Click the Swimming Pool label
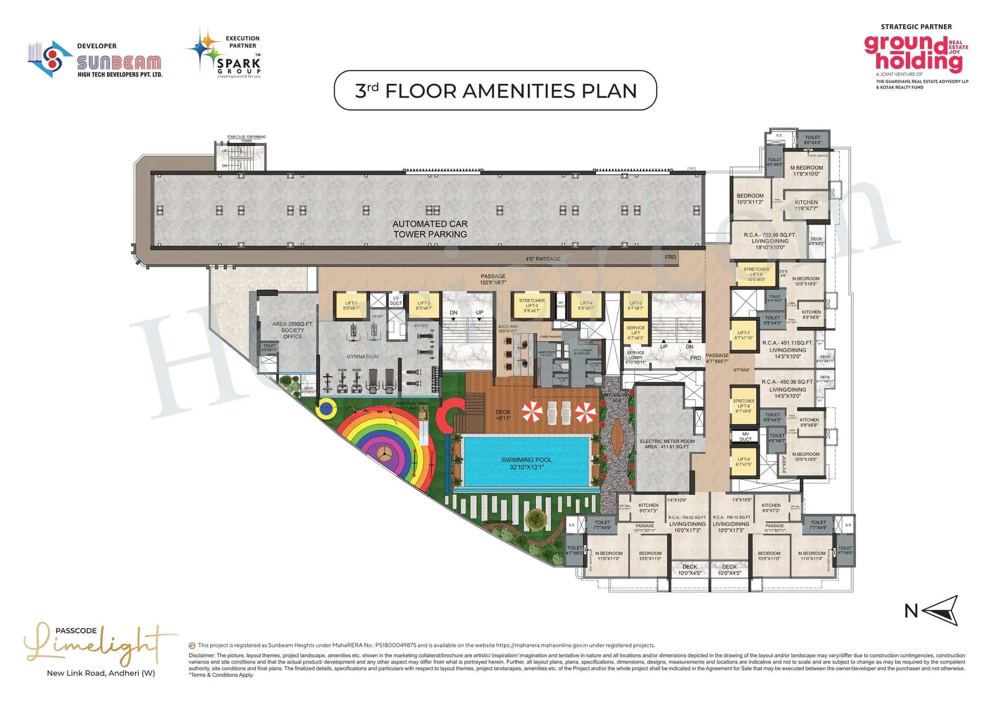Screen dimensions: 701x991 coord(526,463)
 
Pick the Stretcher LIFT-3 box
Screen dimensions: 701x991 coord(532,305)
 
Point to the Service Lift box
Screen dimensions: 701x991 coord(635,333)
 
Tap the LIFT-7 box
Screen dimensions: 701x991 coord(743,336)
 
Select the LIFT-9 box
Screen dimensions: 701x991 coord(743,462)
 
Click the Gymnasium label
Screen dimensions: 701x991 coord(362,356)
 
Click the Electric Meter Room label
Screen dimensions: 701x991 coord(667,444)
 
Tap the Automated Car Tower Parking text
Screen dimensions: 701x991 coord(430,229)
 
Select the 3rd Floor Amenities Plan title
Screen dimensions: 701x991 coord(495,91)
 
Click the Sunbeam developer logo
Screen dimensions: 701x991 coord(95,60)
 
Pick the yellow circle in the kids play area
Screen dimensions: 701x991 coord(327,409)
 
